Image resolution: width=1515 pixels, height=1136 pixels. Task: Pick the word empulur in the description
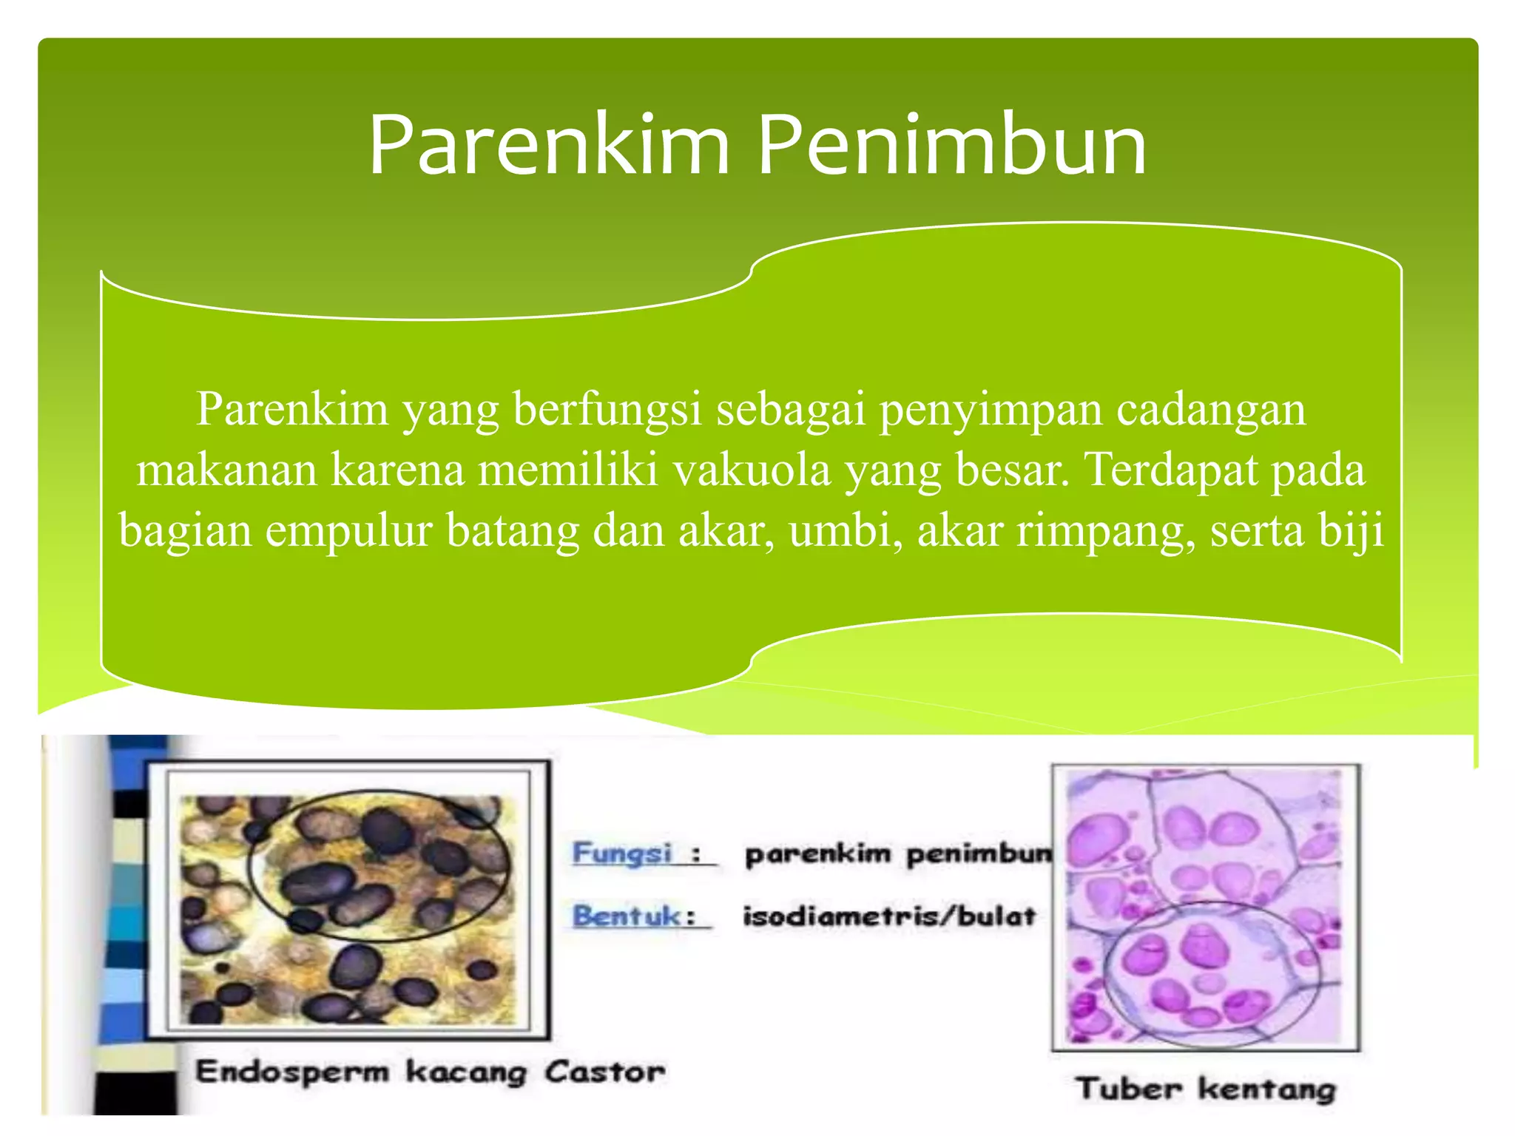tap(348, 531)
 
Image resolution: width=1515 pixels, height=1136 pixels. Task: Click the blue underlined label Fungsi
tap(623, 853)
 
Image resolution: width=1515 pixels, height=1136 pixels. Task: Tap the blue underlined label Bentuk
tap(626, 916)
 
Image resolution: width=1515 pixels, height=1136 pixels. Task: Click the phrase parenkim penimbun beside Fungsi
tap(897, 854)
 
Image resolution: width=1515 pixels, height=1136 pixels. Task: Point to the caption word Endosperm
tap(292, 1071)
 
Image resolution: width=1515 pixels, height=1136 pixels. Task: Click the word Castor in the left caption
tap(604, 1071)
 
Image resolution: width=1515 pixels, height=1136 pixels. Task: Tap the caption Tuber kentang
tap(1207, 1089)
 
